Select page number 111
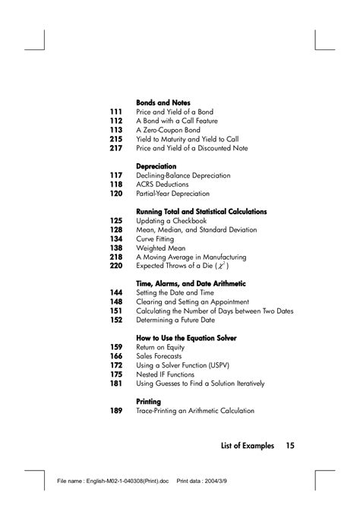click(116, 112)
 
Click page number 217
click(116, 148)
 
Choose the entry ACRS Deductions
click(163, 185)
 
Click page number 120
click(116, 194)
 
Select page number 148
click(116, 301)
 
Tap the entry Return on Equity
click(160, 347)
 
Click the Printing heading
click(149, 401)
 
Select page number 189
click(116, 411)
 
